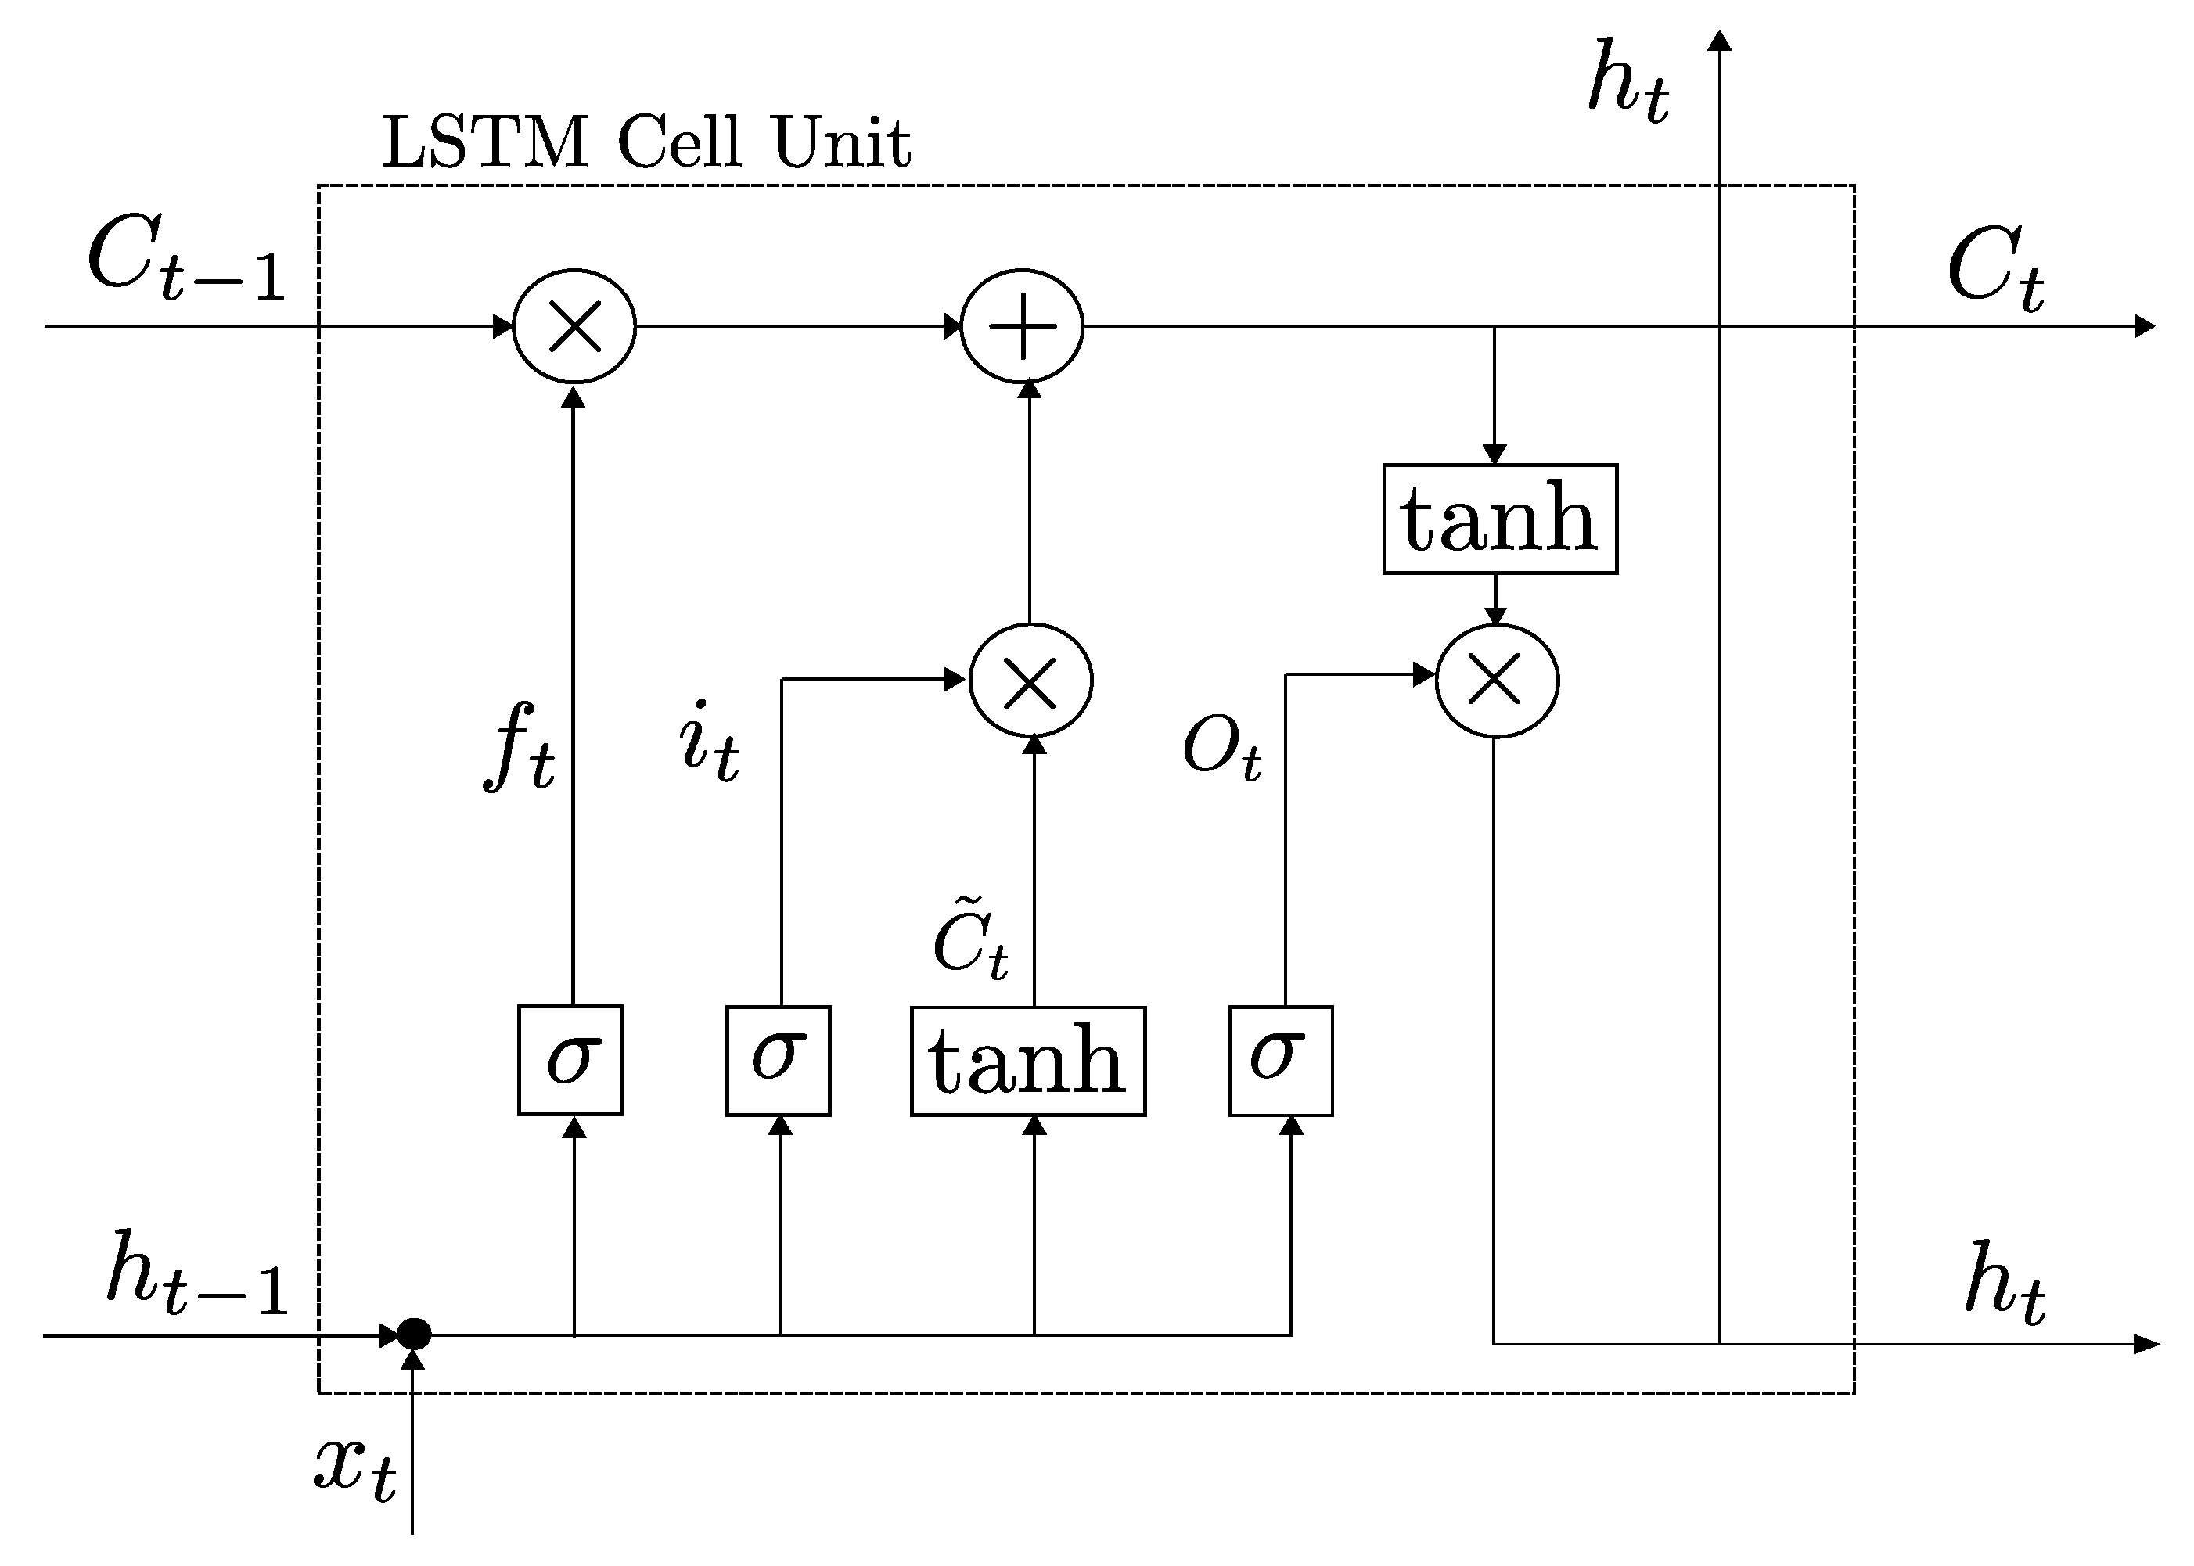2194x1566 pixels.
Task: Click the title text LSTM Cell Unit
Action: point(646,142)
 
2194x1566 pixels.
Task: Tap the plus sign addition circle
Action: point(1022,326)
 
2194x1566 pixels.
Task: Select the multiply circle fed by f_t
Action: point(575,326)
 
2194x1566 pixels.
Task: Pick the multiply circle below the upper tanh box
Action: point(1496,681)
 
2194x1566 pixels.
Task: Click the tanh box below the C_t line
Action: point(1500,519)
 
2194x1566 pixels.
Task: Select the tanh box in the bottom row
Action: point(1028,1061)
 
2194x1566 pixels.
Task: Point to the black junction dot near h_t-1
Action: point(415,1334)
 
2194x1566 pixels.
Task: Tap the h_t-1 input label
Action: point(198,1273)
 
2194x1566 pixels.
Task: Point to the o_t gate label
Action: point(1221,750)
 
